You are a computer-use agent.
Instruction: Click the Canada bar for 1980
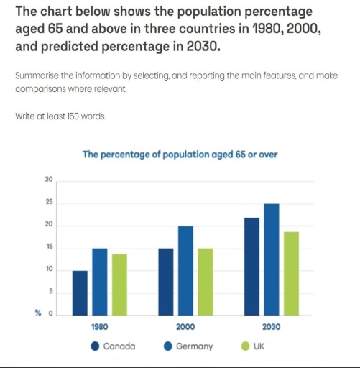coord(80,293)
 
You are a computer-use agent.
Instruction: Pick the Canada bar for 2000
coord(166,282)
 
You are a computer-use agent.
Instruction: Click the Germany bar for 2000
coord(185,271)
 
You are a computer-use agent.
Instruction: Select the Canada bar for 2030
coord(252,267)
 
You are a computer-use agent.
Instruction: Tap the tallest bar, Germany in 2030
coord(271,259)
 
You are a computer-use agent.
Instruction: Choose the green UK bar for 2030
coord(290,274)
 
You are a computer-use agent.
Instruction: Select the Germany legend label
coord(194,346)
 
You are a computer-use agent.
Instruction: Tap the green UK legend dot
coord(245,346)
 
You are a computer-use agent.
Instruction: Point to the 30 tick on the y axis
coord(49,179)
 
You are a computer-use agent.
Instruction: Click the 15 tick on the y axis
coord(49,247)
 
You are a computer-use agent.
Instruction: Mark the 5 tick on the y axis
coord(50,291)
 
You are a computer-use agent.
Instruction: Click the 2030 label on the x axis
coord(271,326)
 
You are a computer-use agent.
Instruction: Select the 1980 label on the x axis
coord(99,326)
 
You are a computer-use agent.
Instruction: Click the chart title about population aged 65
coord(180,154)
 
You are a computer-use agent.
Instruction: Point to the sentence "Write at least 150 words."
coord(60,115)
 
